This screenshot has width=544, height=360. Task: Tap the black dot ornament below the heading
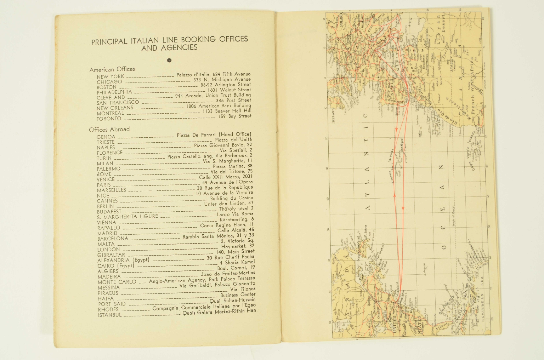pyautogui.click(x=169, y=60)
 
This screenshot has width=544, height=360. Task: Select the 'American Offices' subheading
pyautogui.click(x=112, y=69)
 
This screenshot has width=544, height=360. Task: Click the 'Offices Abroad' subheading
pyautogui.click(x=109, y=130)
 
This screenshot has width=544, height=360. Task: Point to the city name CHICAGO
pyautogui.click(x=109, y=82)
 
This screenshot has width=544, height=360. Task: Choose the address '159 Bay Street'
pyautogui.click(x=235, y=116)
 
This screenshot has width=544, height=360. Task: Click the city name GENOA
pyautogui.click(x=106, y=137)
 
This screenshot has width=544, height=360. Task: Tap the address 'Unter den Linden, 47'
pyautogui.click(x=229, y=204)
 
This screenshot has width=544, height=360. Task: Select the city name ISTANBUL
pyautogui.click(x=109, y=315)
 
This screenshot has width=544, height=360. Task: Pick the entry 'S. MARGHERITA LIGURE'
pyautogui.click(x=127, y=217)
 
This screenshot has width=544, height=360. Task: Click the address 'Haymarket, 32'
pyautogui.click(x=238, y=246)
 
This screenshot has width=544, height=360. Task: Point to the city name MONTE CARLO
pyautogui.click(x=117, y=282)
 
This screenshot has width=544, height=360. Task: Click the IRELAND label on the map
pyautogui.click(x=334, y=115)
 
